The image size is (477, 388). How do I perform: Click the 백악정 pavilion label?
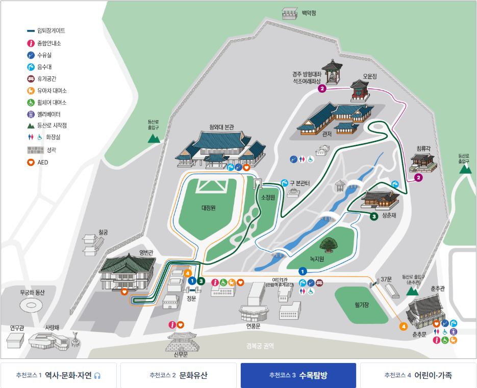tap(309, 13)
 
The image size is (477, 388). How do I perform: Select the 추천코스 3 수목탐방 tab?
tap(298, 376)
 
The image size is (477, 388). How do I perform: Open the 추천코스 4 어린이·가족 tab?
tap(418, 376)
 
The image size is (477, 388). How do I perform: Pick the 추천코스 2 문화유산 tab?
tap(179, 376)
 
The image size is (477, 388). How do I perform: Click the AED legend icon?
tap(31, 162)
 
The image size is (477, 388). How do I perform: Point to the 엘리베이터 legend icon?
tap(31, 114)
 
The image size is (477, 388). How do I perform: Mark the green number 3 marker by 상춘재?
tap(374, 216)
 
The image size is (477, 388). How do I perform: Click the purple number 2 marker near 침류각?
tap(418, 178)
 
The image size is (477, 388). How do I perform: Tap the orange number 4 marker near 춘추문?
tap(404, 326)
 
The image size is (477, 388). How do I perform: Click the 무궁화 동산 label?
tap(32, 292)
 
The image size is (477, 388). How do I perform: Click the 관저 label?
tap(327, 134)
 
